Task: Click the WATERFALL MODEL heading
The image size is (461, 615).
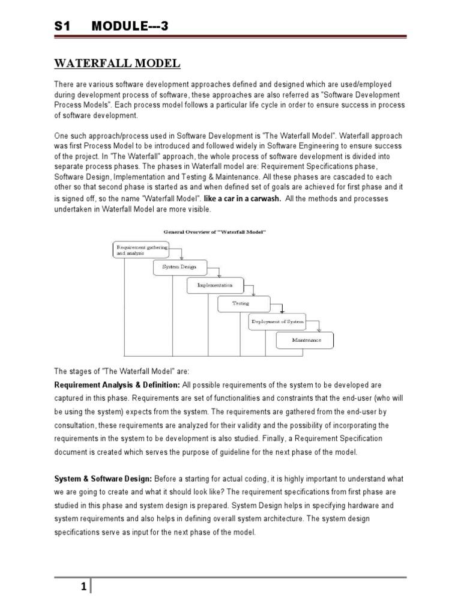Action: point(117,64)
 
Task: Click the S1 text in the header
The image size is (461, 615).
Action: point(63,27)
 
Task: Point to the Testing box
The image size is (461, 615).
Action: point(241,304)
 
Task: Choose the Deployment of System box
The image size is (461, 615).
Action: point(277,322)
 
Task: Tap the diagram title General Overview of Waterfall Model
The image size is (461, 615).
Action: point(214,232)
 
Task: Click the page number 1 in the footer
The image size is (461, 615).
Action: point(84,568)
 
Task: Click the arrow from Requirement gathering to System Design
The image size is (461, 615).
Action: point(181,253)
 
